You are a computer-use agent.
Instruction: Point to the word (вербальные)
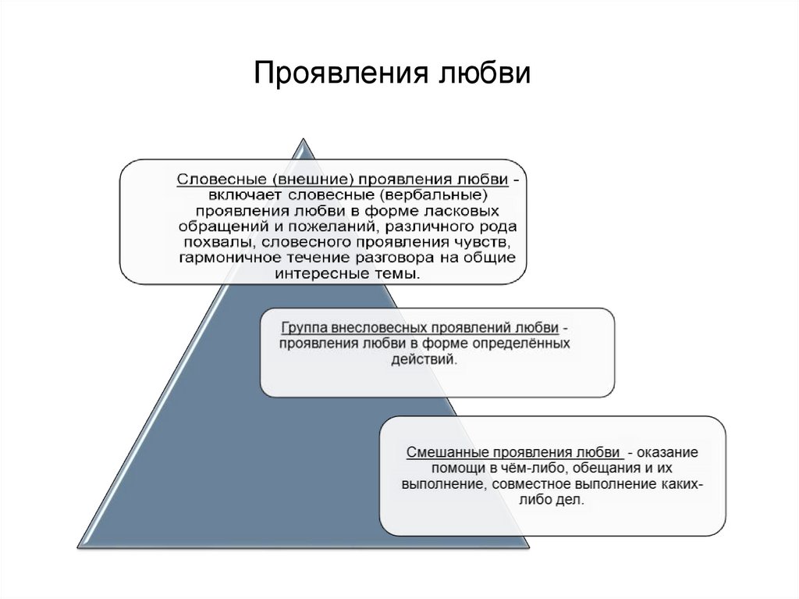click(x=441, y=194)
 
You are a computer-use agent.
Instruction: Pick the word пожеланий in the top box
click(x=320, y=226)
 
